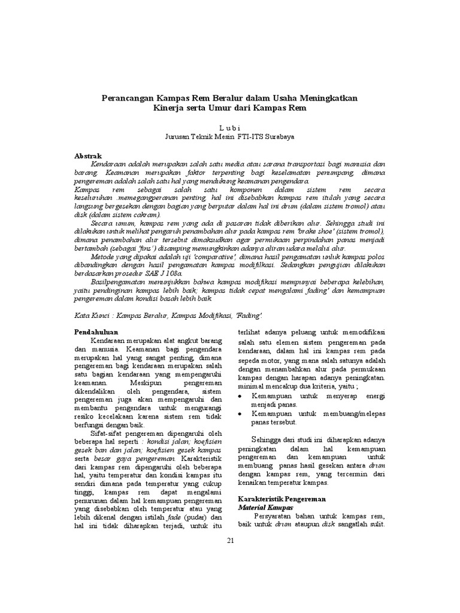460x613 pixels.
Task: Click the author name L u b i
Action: [x=229, y=128]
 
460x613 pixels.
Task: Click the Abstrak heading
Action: [x=87, y=156]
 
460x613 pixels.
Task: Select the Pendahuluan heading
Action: [x=96, y=332]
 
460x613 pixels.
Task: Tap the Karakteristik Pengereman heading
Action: [x=282, y=498]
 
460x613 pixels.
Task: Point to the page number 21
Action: [x=230, y=541]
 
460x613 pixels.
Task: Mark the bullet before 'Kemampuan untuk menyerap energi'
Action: [x=241, y=396]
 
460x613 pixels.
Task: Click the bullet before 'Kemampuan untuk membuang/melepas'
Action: [x=241, y=414]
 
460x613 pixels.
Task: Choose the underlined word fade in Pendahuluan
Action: [x=174, y=517]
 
